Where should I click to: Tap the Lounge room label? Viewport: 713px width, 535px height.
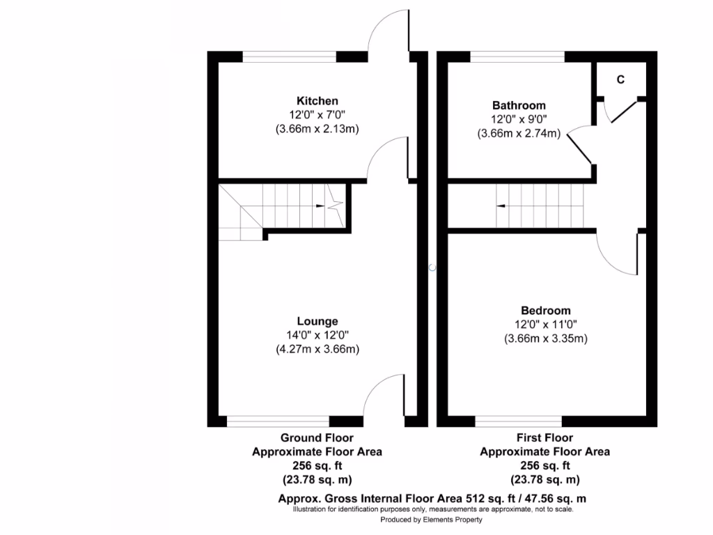point(317,321)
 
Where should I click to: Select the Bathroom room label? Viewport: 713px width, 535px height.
point(519,105)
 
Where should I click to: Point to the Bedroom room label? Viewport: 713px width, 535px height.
point(545,311)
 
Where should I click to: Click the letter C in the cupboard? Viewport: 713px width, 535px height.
point(620,79)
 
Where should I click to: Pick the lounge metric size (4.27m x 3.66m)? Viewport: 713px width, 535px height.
point(317,349)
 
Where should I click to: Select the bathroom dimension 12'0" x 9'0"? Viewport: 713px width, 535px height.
point(519,119)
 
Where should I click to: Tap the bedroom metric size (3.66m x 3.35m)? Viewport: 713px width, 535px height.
point(546,339)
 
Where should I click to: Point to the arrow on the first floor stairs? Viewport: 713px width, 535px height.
point(501,206)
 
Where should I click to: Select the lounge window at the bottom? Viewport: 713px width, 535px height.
point(278,421)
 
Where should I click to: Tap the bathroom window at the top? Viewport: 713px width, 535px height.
point(517,56)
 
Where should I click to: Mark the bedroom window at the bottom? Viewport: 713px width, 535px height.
point(518,421)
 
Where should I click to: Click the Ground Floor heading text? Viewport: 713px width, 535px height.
point(317,438)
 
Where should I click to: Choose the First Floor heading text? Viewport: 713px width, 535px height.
point(544,438)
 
